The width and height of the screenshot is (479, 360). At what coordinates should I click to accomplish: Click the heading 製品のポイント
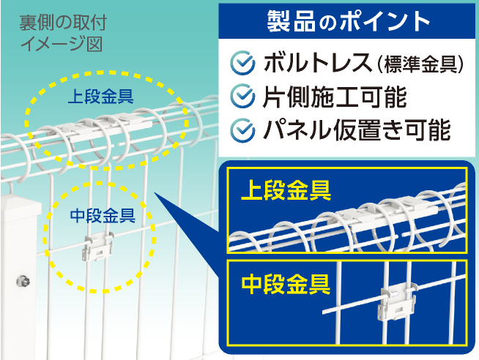pyautogui.click(x=349, y=21)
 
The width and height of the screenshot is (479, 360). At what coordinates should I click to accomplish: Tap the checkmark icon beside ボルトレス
pyautogui.click(x=242, y=63)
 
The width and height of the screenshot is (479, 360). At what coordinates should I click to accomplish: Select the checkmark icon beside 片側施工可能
pyautogui.click(x=242, y=96)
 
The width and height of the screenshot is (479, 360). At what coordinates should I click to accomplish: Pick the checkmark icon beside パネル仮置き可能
pyautogui.click(x=242, y=130)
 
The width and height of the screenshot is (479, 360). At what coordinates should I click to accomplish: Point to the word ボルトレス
pyautogui.click(x=318, y=63)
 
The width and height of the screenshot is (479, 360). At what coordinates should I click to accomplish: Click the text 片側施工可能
pyautogui.click(x=335, y=97)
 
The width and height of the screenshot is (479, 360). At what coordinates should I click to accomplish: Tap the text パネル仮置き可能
pyautogui.click(x=357, y=130)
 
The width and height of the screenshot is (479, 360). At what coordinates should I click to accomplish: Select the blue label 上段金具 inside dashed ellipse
pyautogui.click(x=100, y=97)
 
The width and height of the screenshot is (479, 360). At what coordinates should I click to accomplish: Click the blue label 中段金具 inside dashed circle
pyautogui.click(x=103, y=216)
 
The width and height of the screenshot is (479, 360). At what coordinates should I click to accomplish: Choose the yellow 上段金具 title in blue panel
pyautogui.click(x=286, y=190)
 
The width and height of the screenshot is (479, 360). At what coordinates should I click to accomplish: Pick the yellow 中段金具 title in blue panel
pyautogui.click(x=286, y=284)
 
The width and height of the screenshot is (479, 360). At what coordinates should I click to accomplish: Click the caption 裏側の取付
pyautogui.click(x=63, y=23)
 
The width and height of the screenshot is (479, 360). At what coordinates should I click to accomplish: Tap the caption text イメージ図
pyautogui.click(x=61, y=45)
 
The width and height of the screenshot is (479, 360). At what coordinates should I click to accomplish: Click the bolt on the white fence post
pyautogui.click(x=23, y=281)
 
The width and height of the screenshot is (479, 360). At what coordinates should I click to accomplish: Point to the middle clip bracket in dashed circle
pyautogui.click(x=97, y=246)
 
